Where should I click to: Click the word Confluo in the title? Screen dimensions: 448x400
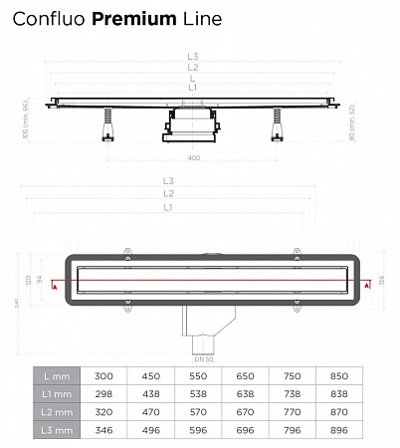click(x=51, y=19)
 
